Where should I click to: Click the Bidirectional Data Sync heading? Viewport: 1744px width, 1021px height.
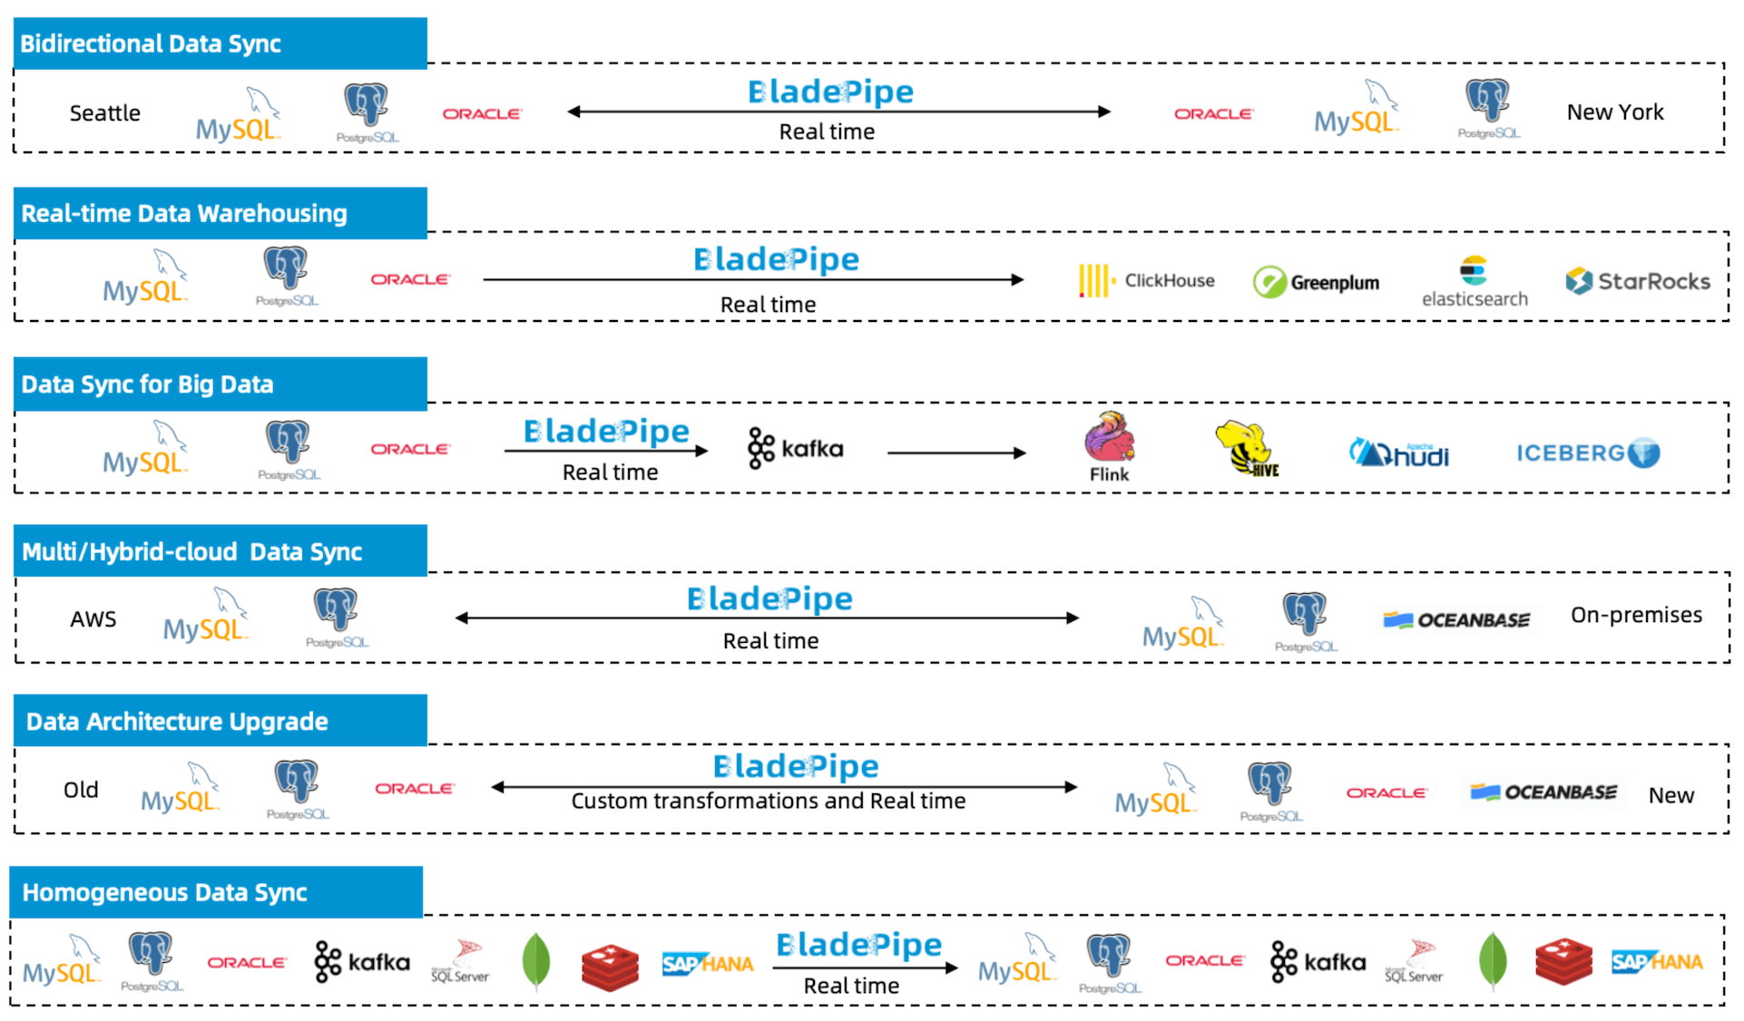pyautogui.click(x=151, y=44)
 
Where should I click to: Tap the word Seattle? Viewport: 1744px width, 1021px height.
pyautogui.click(x=104, y=113)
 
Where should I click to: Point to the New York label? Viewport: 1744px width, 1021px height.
pyautogui.click(x=1614, y=112)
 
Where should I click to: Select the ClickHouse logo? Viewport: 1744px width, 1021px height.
pyautogui.click(x=1146, y=281)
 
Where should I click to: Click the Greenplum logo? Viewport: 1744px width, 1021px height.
pyautogui.click(x=1316, y=283)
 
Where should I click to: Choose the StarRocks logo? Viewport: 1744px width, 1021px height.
pyautogui.click(x=1637, y=282)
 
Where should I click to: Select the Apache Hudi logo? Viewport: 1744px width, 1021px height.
pyautogui.click(x=1398, y=453)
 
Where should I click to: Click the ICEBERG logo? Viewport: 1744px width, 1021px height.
pyautogui.click(x=1587, y=452)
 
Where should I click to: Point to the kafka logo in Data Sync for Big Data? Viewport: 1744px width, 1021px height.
pyautogui.click(x=796, y=449)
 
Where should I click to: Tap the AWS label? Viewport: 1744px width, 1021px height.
pyautogui.click(x=93, y=619)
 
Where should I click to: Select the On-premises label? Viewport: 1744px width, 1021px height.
pyautogui.click(x=1635, y=615)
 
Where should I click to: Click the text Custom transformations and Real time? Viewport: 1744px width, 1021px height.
pyautogui.click(x=768, y=802)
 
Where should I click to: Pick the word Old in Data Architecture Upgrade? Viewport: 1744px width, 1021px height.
pyautogui.click(x=81, y=790)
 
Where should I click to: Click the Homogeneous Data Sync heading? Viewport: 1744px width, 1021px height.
pyautogui.click(x=164, y=892)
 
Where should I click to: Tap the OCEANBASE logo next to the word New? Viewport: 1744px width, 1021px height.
pyautogui.click(x=1543, y=792)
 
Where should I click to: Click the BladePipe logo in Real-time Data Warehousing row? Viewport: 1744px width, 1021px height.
pyautogui.click(x=776, y=260)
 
